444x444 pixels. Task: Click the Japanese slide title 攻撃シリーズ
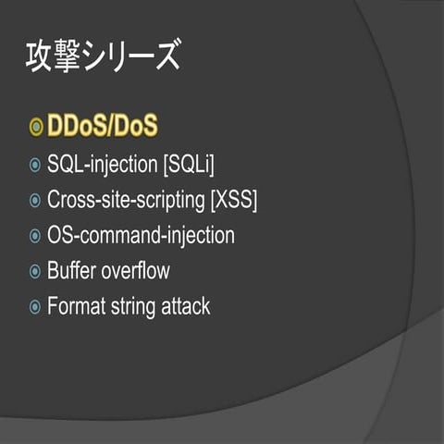[101, 57]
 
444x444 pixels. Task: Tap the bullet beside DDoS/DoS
[36, 127]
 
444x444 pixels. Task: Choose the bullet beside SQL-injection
[35, 166]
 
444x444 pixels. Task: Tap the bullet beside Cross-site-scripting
[35, 201]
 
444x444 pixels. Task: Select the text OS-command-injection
[141, 235]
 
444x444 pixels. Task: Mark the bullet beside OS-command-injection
[35, 236]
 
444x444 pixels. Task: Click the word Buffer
[72, 271]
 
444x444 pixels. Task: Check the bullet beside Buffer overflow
[35, 272]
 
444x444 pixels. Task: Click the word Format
[75, 306]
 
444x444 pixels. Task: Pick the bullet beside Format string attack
[35, 307]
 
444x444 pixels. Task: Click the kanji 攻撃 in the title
[46, 57]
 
